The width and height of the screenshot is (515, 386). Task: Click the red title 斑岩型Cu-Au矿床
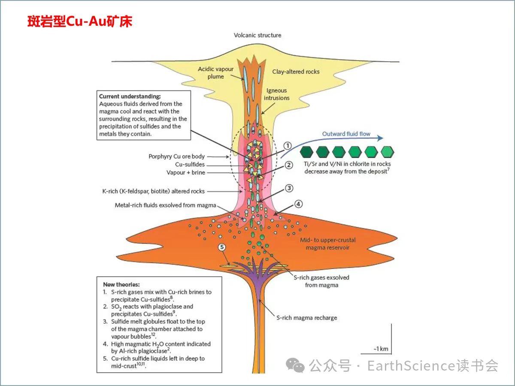point(79,21)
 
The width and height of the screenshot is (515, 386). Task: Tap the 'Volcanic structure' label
point(257,35)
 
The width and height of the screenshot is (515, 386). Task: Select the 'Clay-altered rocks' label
point(296,72)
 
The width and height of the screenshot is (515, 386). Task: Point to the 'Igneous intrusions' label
point(276,94)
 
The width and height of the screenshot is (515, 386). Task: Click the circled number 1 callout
point(288,146)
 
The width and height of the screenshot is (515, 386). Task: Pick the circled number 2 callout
point(289,165)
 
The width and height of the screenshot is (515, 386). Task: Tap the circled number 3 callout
point(289,188)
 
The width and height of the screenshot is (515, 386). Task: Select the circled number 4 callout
point(298,204)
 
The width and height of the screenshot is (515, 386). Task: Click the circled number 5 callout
point(222,247)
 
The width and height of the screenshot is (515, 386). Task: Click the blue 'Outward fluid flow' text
point(346,134)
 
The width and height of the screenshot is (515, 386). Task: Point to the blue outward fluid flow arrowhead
point(379,138)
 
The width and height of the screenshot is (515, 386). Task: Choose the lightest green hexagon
point(387,152)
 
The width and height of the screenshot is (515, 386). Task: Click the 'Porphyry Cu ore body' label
point(177,157)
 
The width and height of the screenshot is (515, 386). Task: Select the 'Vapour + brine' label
point(186,172)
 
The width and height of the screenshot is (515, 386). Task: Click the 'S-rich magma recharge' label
point(307,318)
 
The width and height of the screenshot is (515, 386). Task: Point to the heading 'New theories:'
point(121,284)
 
